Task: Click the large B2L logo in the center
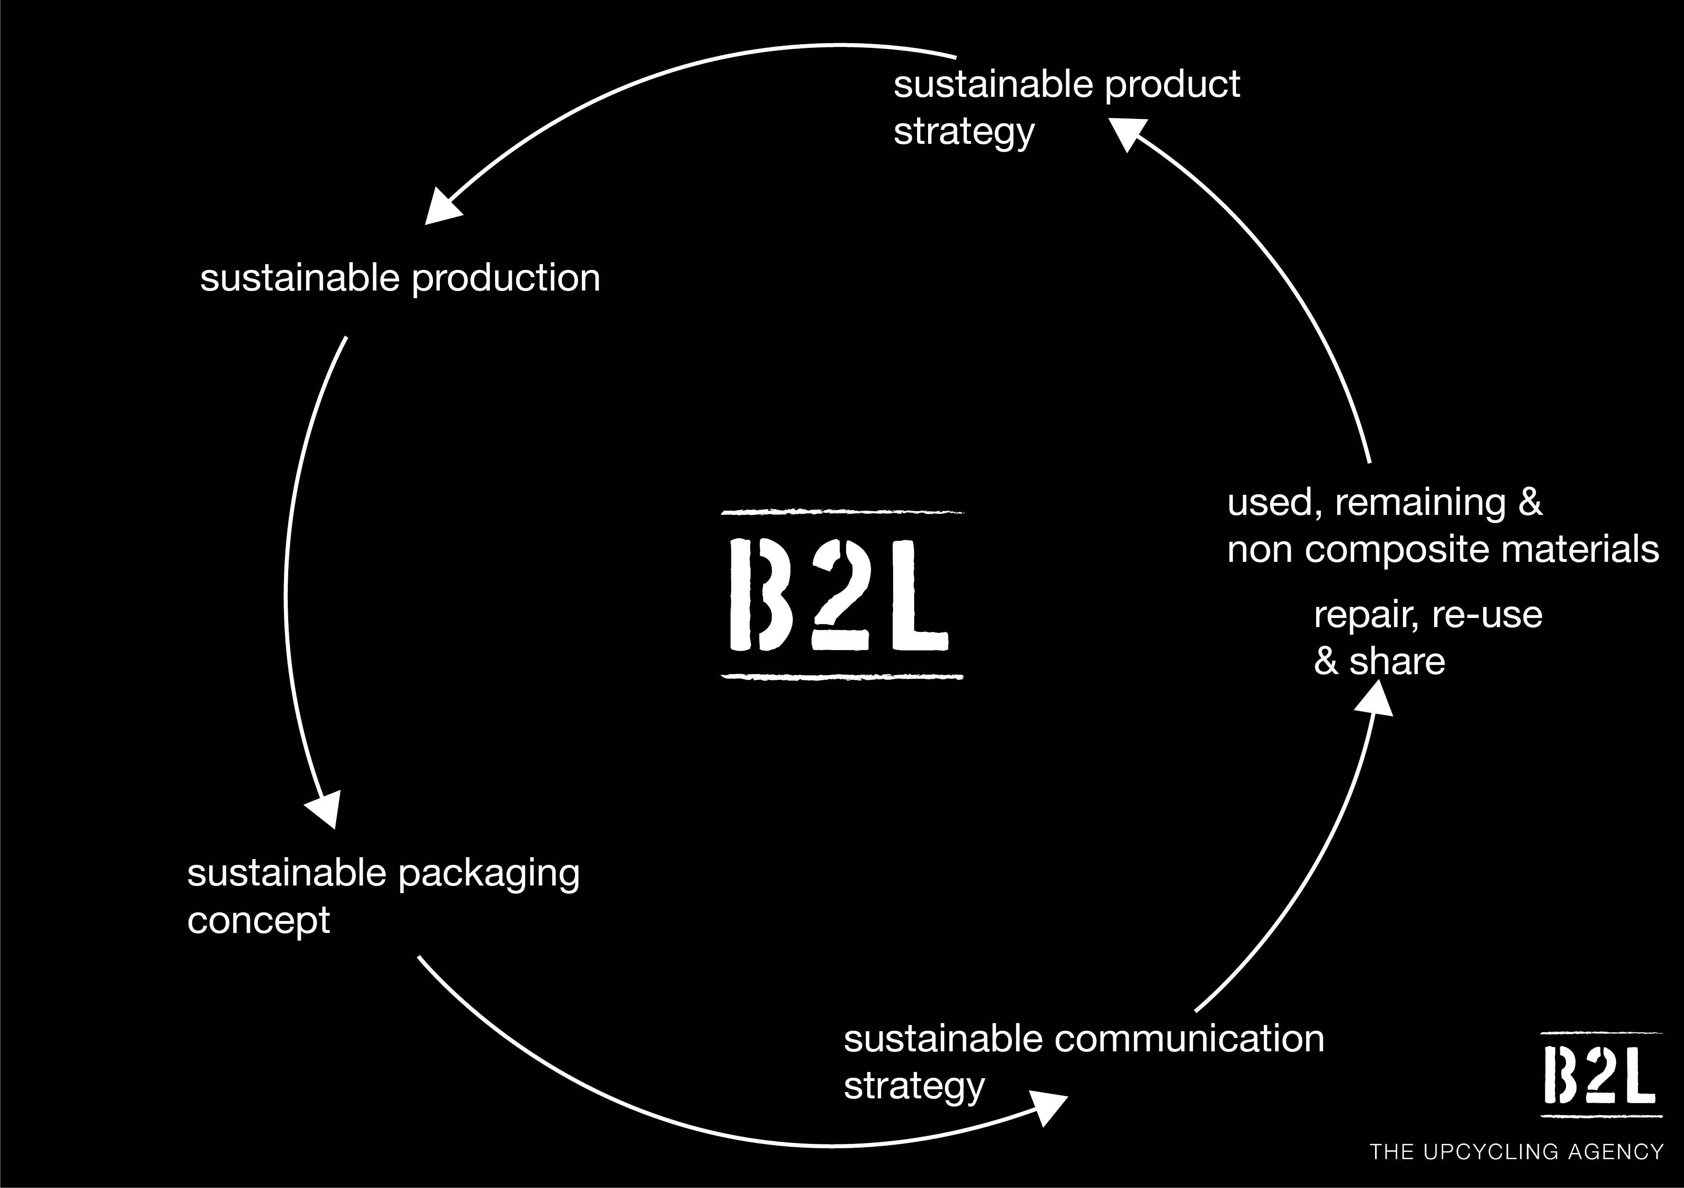point(842,594)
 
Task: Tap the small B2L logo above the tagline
point(1601,1074)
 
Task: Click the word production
point(506,279)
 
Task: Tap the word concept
point(258,921)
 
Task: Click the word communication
point(1189,1040)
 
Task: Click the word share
point(1397,662)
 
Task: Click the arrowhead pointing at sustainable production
point(442,208)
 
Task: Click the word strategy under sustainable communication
point(914,1086)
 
